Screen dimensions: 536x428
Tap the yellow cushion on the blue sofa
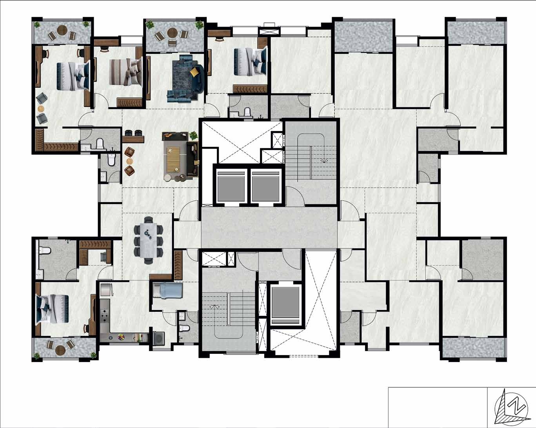coord(194,71)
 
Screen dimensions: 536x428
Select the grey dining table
coord(149,240)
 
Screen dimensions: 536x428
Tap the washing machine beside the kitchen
coord(158,338)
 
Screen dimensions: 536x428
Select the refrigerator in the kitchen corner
coord(106,290)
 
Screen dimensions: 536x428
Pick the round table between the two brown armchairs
coord(129,161)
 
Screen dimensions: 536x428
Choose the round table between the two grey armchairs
coord(41,109)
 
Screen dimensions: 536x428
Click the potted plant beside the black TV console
coord(193,135)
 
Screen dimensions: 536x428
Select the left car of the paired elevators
coord(231,186)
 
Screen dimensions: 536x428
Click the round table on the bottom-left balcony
coord(60,350)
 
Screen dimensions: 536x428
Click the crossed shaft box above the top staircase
coord(269,32)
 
